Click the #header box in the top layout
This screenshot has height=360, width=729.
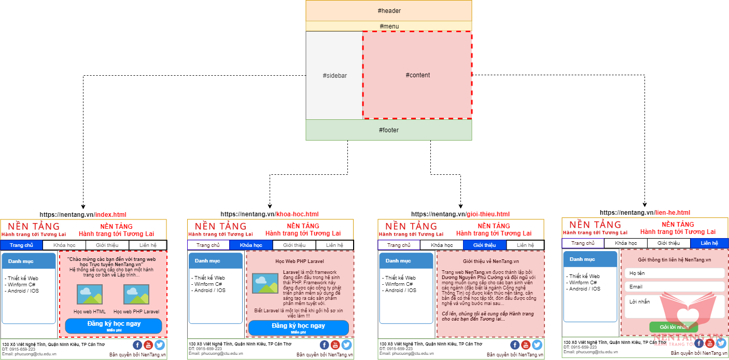point(389,11)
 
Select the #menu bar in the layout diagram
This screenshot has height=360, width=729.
point(389,26)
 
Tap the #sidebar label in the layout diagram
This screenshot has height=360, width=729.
point(334,76)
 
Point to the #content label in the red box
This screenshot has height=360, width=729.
point(417,75)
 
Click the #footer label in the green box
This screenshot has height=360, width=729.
point(389,130)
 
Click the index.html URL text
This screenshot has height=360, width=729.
point(110,214)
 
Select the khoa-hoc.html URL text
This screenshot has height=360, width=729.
point(297,214)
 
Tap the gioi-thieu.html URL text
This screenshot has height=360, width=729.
point(487,214)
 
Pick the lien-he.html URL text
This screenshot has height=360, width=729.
point(672,213)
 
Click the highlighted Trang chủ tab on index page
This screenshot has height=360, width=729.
point(21,245)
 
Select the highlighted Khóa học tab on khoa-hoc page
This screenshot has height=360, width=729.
point(251,245)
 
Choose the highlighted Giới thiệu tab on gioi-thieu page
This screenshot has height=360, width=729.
point(484,245)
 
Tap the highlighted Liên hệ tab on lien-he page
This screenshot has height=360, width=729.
point(709,243)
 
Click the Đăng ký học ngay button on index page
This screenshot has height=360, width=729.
point(114,326)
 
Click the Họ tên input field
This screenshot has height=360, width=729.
point(674,273)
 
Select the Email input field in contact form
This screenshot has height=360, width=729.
point(674,287)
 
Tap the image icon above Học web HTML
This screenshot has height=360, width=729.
point(90,294)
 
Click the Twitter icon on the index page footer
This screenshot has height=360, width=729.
point(159,345)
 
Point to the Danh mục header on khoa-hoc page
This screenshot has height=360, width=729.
point(215,261)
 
